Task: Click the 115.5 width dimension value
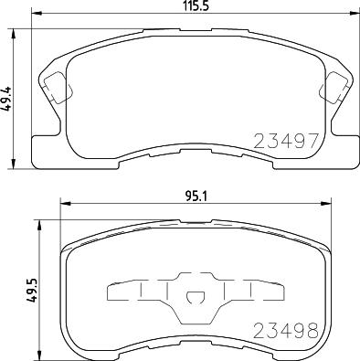[x=196, y=5]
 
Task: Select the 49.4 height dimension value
[x=7, y=99]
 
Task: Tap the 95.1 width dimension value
[x=196, y=196]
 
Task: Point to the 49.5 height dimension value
[x=31, y=290]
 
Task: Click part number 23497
[x=286, y=141]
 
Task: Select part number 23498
[x=286, y=331]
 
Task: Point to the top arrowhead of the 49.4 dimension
[x=13, y=34]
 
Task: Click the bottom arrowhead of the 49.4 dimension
[x=13, y=165]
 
